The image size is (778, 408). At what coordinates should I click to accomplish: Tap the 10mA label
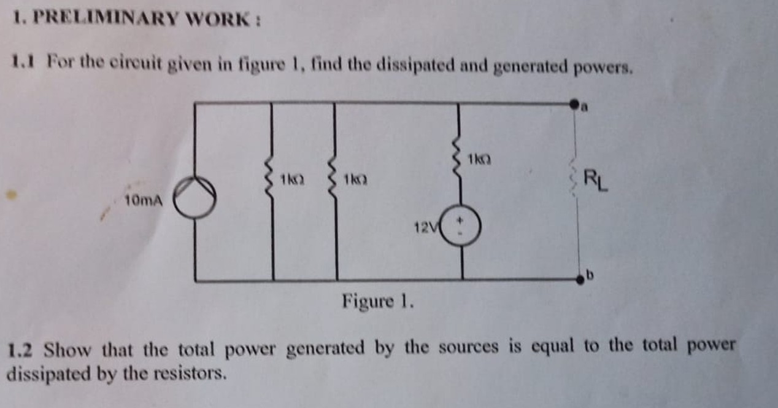pos(143,200)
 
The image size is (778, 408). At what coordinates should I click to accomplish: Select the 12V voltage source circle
pos(461,227)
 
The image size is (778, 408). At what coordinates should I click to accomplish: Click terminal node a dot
pos(575,104)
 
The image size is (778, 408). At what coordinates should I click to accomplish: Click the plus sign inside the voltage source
pos(464,219)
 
